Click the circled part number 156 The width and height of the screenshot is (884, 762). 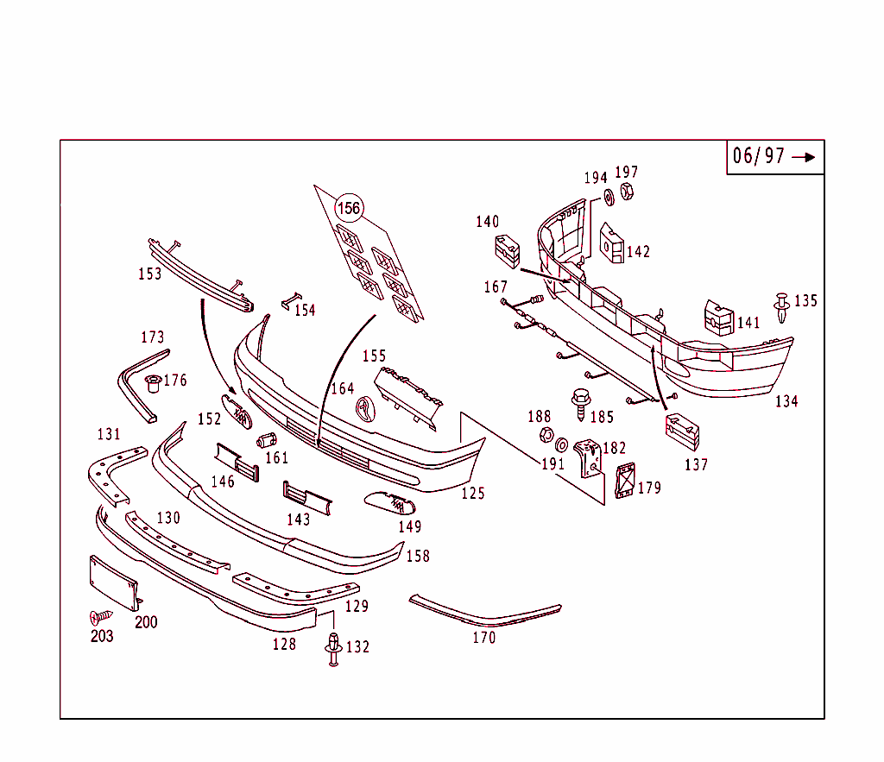[x=349, y=208]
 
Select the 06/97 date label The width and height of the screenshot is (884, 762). [x=759, y=156]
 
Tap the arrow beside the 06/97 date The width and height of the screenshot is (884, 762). [x=804, y=157]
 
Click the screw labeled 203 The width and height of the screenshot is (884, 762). [x=100, y=617]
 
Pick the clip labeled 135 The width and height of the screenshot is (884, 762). [x=782, y=307]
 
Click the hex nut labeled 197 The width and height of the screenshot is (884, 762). [x=628, y=192]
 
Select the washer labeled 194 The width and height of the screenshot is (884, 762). [x=608, y=198]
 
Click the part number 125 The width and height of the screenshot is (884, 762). [x=473, y=494]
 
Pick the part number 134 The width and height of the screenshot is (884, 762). [x=786, y=401]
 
